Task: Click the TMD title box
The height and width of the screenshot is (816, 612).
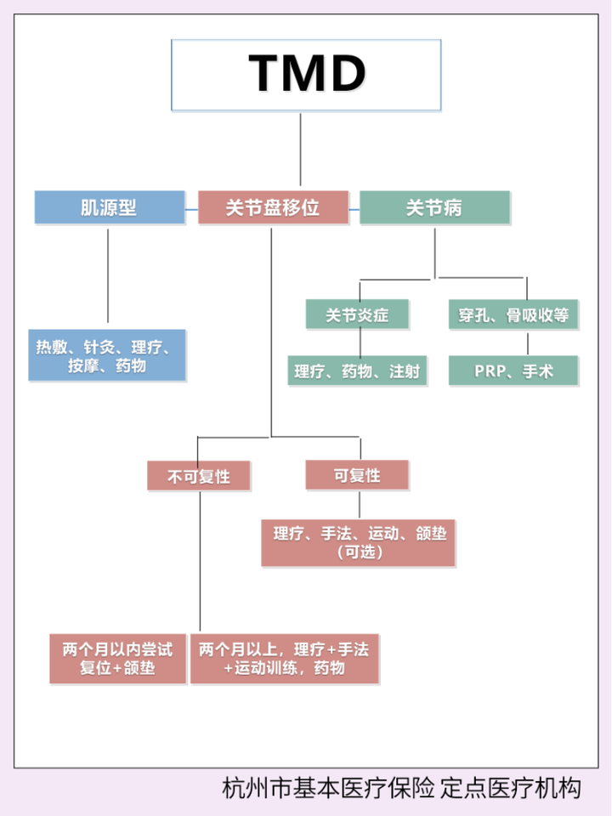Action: point(306,74)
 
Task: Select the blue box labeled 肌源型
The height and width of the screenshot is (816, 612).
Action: point(109,207)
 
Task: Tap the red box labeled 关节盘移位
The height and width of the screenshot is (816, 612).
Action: point(273,207)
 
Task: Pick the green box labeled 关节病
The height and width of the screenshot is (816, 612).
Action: point(434,207)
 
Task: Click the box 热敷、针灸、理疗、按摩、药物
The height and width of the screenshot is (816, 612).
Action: point(107,355)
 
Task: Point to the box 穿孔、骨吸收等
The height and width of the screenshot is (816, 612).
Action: point(513,315)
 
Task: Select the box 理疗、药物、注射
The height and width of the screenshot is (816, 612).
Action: point(357,371)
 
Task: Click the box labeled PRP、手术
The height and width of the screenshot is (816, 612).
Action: point(513,371)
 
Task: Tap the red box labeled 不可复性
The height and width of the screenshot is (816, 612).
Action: point(199,476)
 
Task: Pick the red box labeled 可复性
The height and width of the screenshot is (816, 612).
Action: point(357,475)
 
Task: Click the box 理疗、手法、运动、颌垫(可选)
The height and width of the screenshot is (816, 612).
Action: point(359,542)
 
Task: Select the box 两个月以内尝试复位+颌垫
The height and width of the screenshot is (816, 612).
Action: point(117,659)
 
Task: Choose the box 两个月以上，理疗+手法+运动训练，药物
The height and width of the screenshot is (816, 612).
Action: point(284,659)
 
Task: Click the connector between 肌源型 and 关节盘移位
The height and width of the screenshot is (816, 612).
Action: point(191,207)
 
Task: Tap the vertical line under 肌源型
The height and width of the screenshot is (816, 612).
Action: point(108,276)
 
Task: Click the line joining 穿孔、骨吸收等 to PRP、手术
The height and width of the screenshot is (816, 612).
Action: point(527,343)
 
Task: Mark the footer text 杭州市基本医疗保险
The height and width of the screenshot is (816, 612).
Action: point(328,788)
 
